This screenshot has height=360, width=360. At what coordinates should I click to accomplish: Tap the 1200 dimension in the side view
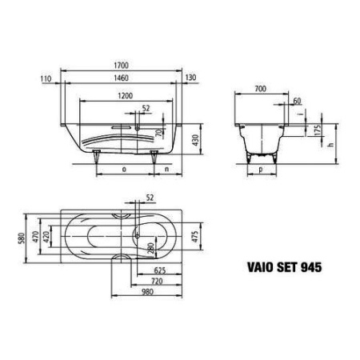point(123,94)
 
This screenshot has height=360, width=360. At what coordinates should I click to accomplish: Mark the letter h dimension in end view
point(330,144)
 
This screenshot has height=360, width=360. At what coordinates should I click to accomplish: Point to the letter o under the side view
point(124,170)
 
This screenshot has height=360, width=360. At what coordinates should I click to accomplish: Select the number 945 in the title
point(312,268)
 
